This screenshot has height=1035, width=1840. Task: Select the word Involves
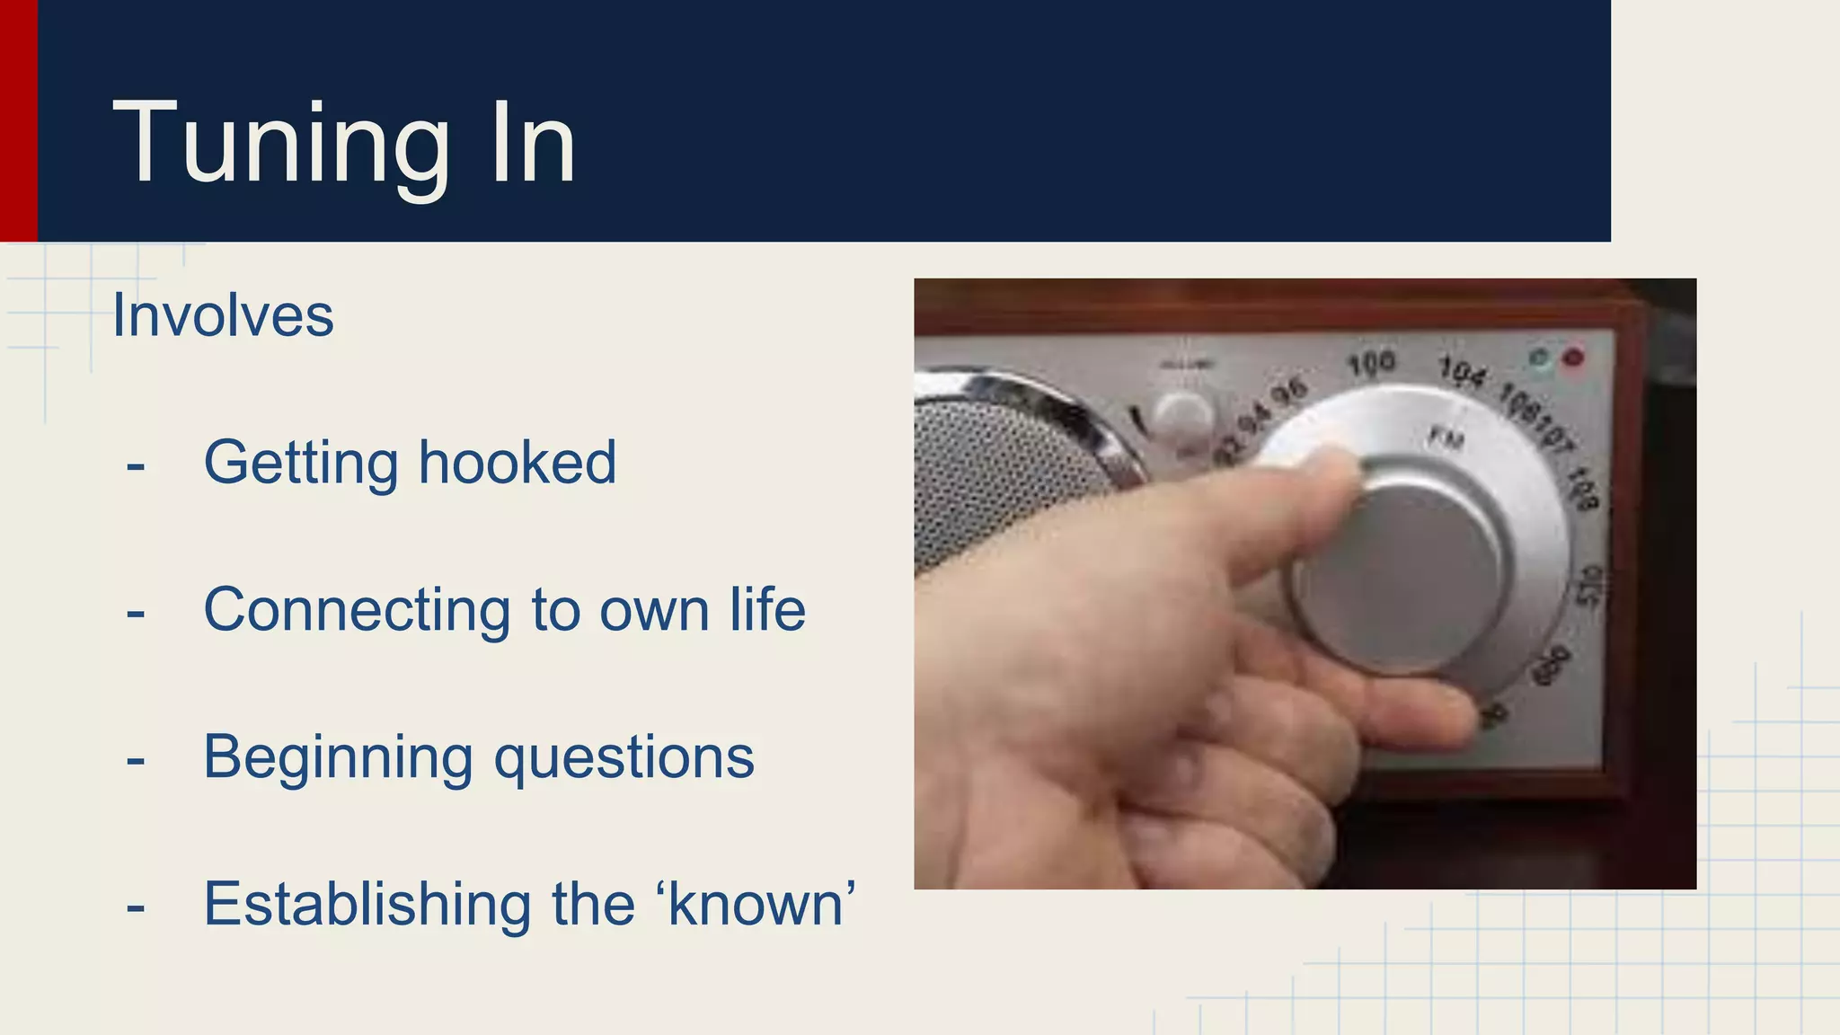(x=223, y=316)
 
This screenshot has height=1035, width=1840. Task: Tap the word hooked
(x=517, y=463)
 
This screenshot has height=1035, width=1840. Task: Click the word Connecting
(x=357, y=611)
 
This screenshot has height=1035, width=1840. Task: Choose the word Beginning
(x=338, y=757)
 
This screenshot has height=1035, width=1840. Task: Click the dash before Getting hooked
(x=136, y=466)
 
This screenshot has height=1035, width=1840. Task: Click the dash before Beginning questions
(x=136, y=761)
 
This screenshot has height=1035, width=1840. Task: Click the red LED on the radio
(x=1572, y=358)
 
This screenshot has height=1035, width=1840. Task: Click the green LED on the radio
(x=1540, y=358)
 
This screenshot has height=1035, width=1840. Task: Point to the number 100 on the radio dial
(x=1371, y=363)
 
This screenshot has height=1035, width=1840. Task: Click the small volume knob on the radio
(x=1181, y=416)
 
